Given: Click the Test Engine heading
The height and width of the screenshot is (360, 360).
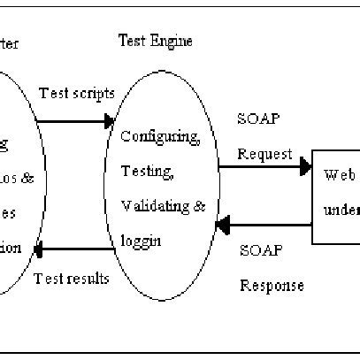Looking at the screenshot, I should (156, 41).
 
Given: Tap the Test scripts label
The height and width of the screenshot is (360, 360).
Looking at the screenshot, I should (75, 94).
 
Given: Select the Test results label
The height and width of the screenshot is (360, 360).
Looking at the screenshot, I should (72, 279).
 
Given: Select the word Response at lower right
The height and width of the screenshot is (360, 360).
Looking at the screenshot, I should (272, 285).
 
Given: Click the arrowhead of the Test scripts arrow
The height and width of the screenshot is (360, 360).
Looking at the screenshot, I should (109, 122).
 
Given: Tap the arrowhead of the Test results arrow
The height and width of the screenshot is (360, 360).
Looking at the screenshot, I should (40, 251).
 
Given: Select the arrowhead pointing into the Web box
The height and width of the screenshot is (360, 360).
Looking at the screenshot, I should (305, 165).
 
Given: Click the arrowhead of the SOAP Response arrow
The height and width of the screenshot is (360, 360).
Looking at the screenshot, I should (222, 226).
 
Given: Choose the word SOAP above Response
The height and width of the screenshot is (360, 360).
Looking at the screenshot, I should (261, 250).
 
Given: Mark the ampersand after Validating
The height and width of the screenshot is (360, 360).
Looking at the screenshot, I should (199, 206).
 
